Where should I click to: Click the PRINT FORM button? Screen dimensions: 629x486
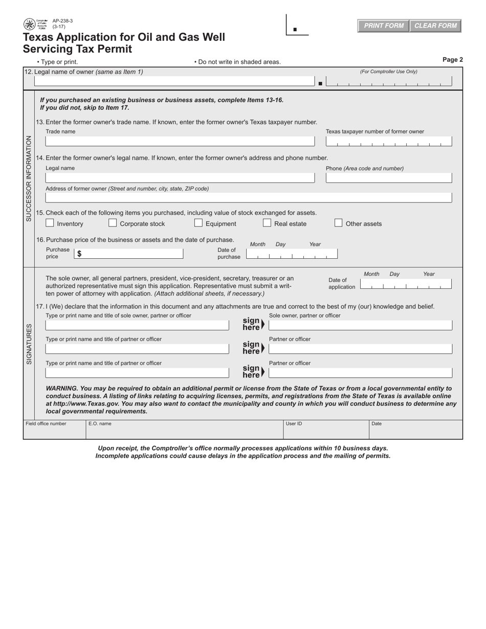(x=383, y=26)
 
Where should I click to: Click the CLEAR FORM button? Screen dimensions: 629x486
(x=435, y=26)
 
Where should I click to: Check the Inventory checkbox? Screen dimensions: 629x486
(x=50, y=223)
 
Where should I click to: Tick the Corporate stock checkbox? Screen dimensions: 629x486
(x=113, y=223)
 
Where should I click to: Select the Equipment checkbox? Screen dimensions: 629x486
(x=198, y=223)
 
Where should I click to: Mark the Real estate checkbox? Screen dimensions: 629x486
(x=267, y=223)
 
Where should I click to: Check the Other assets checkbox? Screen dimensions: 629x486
(x=338, y=223)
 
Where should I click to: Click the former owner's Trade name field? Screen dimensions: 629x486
(x=180, y=141)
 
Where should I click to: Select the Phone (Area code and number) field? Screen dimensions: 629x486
(x=389, y=178)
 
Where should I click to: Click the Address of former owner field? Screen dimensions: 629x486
(x=249, y=198)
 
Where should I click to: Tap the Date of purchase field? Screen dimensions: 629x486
(x=292, y=254)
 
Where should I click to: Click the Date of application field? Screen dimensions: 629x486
(x=406, y=284)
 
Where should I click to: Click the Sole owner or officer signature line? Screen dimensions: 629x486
(x=361, y=325)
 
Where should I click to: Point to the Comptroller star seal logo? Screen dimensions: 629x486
(x=30, y=24)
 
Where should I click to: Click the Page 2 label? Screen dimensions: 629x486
(x=452, y=60)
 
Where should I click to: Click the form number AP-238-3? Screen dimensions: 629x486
(x=62, y=21)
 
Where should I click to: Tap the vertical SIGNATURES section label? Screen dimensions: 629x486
(x=29, y=344)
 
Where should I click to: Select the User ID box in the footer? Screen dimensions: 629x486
(x=326, y=430)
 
